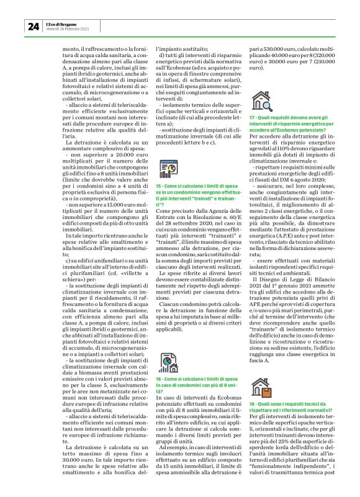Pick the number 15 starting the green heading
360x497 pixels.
pos(159,186)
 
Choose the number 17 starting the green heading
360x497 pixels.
pos(251,117)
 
